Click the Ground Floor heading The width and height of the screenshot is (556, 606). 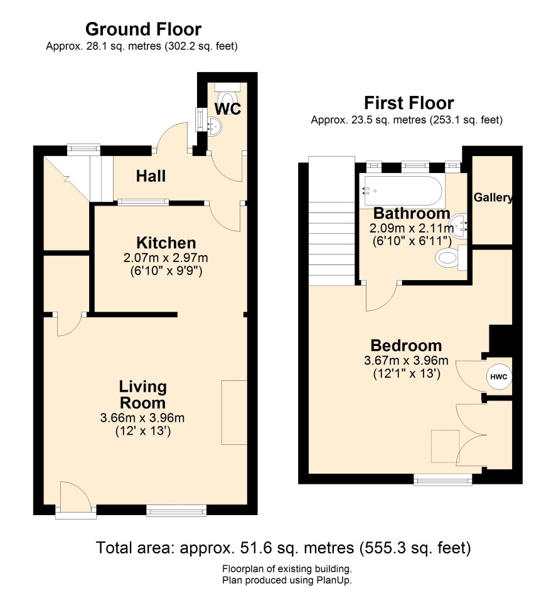click(143, 29)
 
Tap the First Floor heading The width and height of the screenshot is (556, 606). click(409, 103)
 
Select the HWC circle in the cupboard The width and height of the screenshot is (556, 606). click(499, 377)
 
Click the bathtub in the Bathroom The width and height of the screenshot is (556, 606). click(402, 191)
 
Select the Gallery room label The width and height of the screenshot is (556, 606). click(493, 197)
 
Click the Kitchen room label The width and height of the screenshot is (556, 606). click(166, 243)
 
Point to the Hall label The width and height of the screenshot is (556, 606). click(151, 176)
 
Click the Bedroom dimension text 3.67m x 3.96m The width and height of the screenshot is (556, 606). click(406, 360)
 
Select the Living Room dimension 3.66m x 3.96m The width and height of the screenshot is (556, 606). click(142, 417)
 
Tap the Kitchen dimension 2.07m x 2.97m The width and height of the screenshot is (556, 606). click(166, 258)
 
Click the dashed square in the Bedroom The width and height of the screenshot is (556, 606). click(446, 446)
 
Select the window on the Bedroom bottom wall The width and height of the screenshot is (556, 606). click(442, 479)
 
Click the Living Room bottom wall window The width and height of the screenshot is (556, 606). click(176, 511)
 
